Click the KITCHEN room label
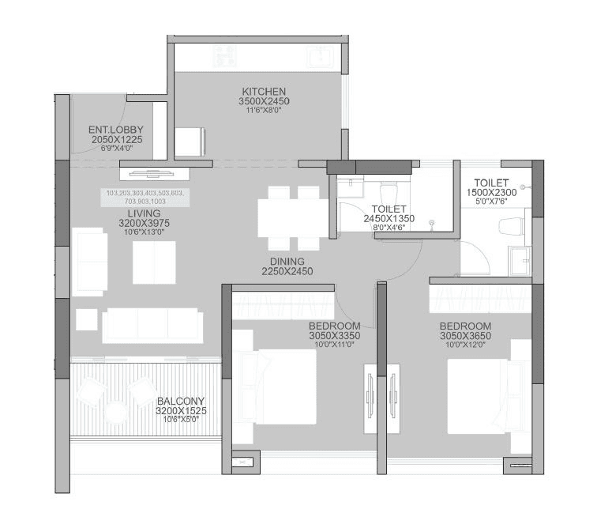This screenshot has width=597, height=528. click(x=264, y=92)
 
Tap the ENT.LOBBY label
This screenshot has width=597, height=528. click(x=115, y=130)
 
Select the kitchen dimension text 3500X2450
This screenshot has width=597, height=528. click(x=264, y=102)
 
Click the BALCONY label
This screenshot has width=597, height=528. click(x=181, y=401)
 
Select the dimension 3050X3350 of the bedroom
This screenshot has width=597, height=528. click(x=334, y=336)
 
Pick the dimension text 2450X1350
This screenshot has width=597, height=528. click(x=389, y=219)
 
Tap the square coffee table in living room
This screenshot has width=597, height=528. click(x=154, y=260)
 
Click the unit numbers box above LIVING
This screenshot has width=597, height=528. click(x=144, y=198)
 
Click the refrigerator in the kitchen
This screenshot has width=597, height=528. click(x=190, y=141)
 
